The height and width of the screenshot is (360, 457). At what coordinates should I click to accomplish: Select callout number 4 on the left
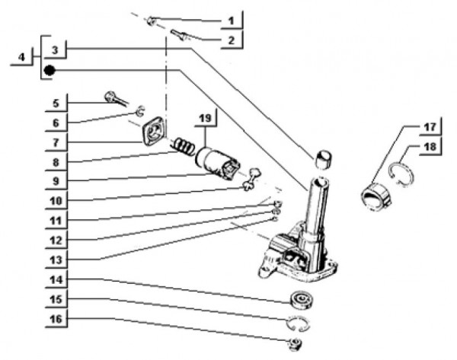(x=23, y=57)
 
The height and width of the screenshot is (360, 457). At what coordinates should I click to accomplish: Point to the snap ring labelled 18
(x=401, y=180)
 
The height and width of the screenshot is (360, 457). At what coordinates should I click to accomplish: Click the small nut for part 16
(x=292, y=345)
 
